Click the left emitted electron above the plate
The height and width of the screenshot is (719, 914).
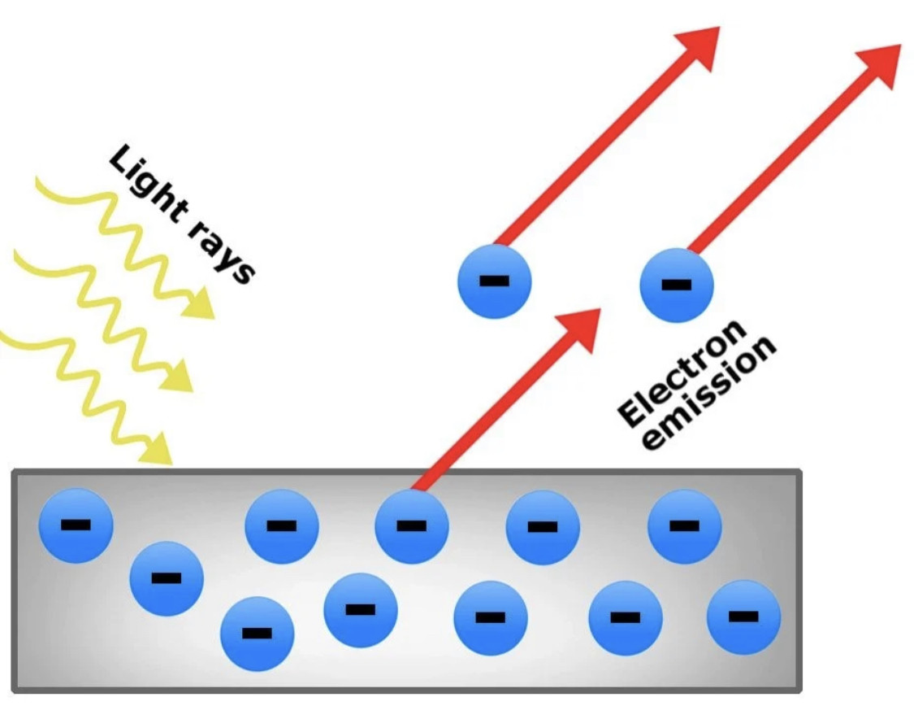point(494,282)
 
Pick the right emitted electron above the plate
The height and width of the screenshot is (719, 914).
point(676,285)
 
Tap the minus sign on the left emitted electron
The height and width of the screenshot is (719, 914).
point(494,281)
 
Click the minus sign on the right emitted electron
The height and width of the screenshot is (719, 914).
point(676,285)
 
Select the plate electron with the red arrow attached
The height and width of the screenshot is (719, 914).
point(411,525)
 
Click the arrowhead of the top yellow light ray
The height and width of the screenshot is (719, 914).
point(198,305)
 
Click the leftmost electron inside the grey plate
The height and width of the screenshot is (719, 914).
point(76,525)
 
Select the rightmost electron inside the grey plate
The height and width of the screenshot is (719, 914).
point(743,617)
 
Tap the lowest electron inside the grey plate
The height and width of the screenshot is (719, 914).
point(258,634)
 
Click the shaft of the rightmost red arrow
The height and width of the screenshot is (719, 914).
point(780,159)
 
